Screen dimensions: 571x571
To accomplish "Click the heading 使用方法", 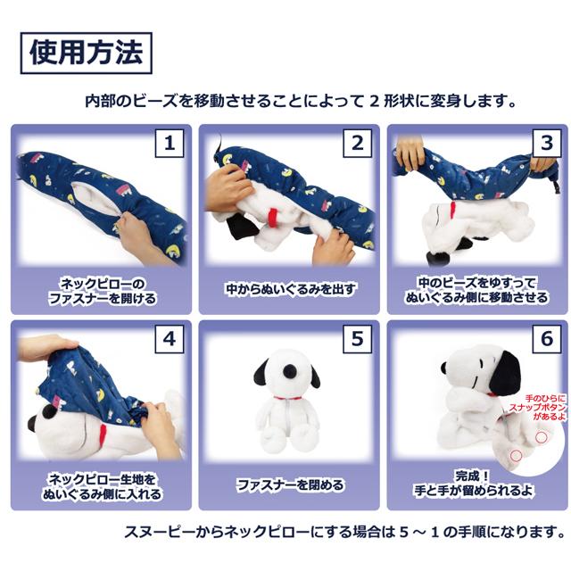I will pyautogui.click(x=86, y=54).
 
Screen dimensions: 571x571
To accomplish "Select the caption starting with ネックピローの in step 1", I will pyautogui.click(x=103, y=290).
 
